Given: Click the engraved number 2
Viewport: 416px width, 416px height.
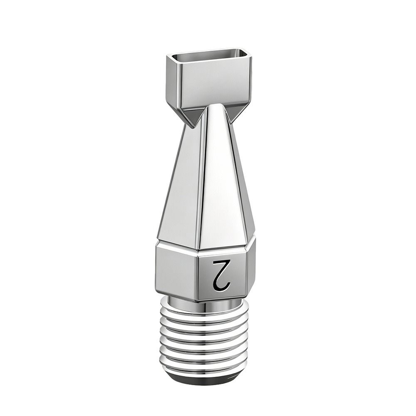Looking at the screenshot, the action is (x=222, y=275).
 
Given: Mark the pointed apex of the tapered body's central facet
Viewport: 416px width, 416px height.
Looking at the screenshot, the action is (x=216, y=104).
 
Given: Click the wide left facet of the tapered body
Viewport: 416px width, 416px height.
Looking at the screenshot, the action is (x=181, y=186).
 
